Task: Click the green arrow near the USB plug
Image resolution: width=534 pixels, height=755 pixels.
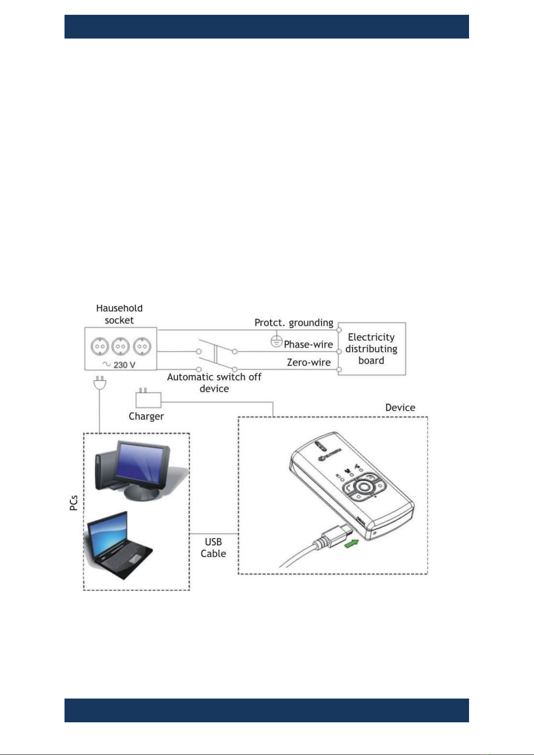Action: point(351,543)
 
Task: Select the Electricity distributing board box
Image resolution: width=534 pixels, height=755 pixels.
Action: point(372,349)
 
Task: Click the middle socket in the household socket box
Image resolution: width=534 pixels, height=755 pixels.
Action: point(121,346)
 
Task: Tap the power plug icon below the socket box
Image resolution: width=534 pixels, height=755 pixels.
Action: point(100,383)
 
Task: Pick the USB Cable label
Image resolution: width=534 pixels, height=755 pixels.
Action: point(213,548)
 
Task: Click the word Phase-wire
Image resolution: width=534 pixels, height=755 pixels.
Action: point(308,344)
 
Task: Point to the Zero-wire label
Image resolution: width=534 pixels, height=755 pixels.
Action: point(309,362)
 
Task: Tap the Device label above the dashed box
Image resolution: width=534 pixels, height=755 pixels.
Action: point(400,407)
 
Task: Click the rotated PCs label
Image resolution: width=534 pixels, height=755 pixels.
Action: point(74,503)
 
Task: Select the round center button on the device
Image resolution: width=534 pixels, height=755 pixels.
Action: point(363,487)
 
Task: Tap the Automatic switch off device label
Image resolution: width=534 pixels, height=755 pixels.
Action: point(214,383)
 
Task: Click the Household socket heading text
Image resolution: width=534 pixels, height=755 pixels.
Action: point(119,314)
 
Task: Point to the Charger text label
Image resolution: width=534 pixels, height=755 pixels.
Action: point(146,417)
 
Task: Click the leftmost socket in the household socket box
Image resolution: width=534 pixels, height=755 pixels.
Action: point(100,346)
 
